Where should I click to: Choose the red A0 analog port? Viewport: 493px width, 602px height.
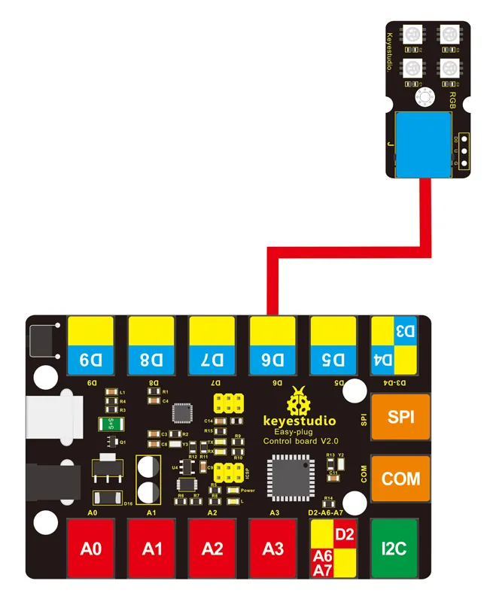pyautogui.click(x=91, y=549)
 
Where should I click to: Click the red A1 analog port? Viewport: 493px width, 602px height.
pyautogui.click(x=152, y=549)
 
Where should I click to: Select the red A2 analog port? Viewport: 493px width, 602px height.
pyautogui.click(x=212, y=549)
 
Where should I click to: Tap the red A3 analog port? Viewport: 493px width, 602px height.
pyautogui.click(x=273, y=549)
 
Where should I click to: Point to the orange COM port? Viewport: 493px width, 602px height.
pyautogui.click(x=393, y=479)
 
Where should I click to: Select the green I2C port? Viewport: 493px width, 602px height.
pyautogui.click(x=393, y=549)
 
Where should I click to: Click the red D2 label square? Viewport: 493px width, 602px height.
pyautogui.click(x=345, y=534)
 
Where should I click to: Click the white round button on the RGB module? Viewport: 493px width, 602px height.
pyautogui.click(x=426, y=96)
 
